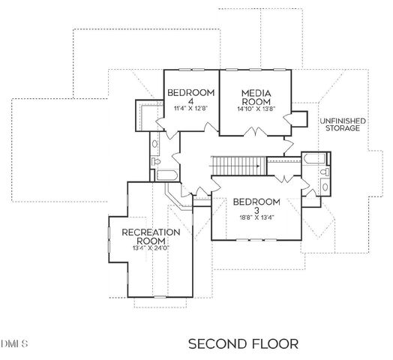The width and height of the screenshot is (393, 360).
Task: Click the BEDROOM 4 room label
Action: [x=190, y=97]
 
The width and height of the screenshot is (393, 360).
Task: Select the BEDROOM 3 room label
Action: [x=256, y=206]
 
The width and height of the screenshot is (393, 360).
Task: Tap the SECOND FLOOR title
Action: [x=242, y=343]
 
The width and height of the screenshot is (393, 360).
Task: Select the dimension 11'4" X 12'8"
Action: [x=190, y=109]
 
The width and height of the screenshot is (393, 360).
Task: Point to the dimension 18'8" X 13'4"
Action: [x=256, y=218]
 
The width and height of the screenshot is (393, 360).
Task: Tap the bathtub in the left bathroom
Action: [x=166, y=175]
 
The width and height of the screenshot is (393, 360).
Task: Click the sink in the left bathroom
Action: [x=154, y=142]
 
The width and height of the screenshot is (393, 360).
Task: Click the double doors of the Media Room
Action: [x=256, y=133]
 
